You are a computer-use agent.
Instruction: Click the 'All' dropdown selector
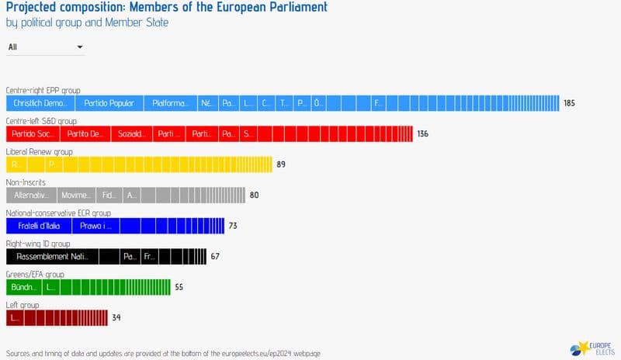pos(45,47)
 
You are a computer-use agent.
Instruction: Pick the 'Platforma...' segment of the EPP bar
pos(169,103)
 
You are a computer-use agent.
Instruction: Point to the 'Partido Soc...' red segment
pos(32,134)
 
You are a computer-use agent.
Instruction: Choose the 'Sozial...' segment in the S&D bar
pos(131,134)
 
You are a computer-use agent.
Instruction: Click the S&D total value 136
pos(422,134)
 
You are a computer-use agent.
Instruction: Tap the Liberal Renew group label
pos(39,152)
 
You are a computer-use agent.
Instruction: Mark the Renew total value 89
pos(282,164)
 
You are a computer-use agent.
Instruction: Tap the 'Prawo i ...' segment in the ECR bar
pos(96,226)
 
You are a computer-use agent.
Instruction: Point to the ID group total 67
pos(215,257)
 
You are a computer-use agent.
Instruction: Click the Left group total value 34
pos(116,317)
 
